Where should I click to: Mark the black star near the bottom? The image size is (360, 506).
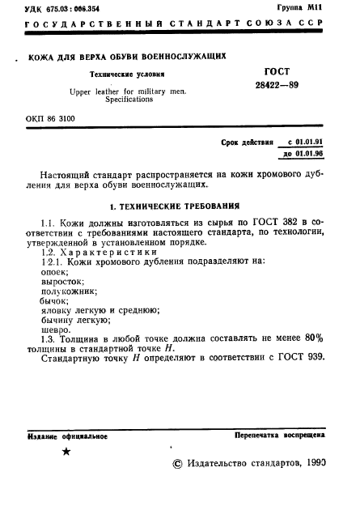tap(66, 453)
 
